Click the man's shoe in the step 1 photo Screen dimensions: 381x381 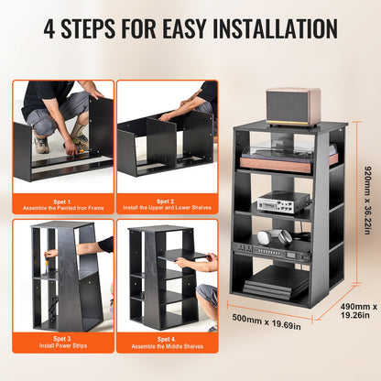point(41,144)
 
